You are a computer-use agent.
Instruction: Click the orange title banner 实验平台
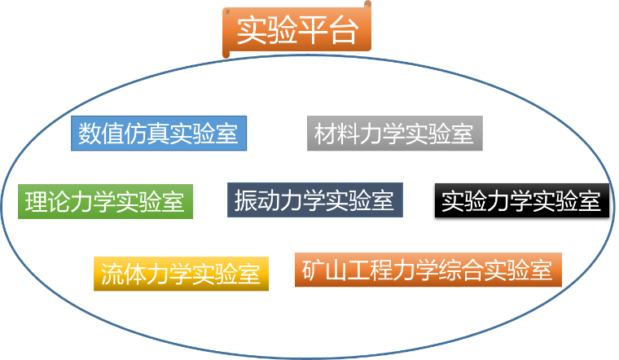coord(296,33)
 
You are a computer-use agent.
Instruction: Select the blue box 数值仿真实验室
coord(159,134)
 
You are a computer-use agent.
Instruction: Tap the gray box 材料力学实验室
coord(394,134)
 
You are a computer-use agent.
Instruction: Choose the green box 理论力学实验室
coord(105,201)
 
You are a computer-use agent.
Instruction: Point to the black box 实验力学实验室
coord(521,200)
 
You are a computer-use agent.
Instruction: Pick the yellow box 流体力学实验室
coord(182,274)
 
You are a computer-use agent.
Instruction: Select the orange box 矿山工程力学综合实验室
coord(428,270)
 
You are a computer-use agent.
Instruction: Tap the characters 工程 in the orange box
coord(371,270)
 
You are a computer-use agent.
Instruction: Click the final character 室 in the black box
coord(590,200)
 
